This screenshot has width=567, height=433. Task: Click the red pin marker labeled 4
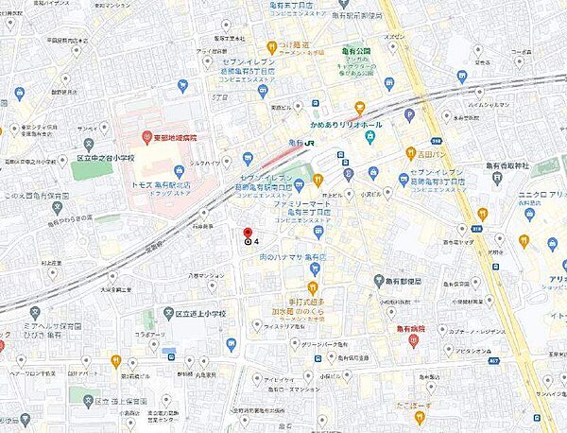(248, 233)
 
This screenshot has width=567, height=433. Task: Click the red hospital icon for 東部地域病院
(146, 136)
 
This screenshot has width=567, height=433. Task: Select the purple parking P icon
(409, 114)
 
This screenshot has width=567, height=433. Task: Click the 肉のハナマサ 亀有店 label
(293, 256)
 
